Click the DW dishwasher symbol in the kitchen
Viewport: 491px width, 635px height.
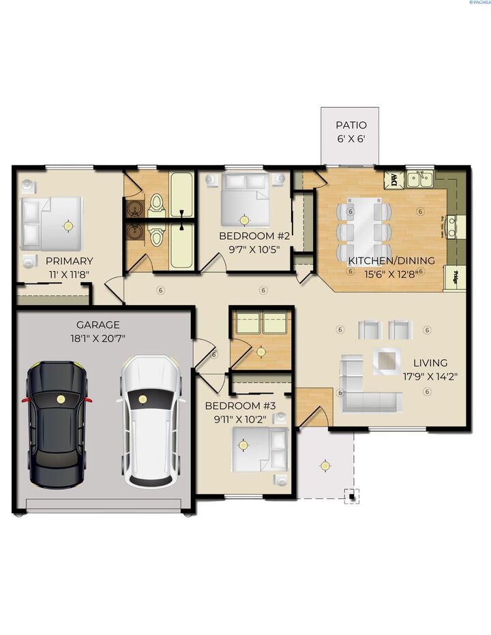(x=393, y=180)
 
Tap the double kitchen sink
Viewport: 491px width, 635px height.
(x=420, y=180)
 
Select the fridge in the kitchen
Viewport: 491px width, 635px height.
(x=453, y=277)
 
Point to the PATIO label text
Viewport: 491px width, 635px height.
(x=351, y=125)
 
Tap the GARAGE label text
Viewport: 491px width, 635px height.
(x=98, y=325)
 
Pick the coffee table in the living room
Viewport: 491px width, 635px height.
(x=387, y=361)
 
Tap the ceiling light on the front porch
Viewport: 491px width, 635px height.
(x=325, y=465)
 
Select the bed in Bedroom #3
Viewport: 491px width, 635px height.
(x=258, y=450)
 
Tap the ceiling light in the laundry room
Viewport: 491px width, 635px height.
(x=261, y=352)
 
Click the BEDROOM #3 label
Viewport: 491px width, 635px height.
(x=240, y=406)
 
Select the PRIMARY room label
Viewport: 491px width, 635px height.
(x=69, y=261)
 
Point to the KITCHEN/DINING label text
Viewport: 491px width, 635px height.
(x=381, y=261)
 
